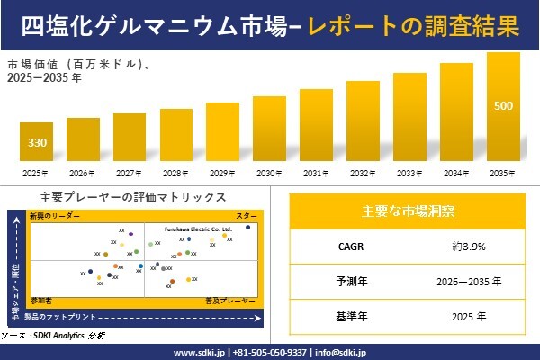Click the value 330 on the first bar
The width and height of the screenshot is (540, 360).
coord(37,143)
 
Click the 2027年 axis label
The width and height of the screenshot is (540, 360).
coord(130,173)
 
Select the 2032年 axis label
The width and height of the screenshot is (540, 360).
coord(363,173)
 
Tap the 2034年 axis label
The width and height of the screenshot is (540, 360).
coord(456,173)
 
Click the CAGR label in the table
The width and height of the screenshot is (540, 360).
coord(346,245)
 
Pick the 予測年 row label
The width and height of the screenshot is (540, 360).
coord(346,281)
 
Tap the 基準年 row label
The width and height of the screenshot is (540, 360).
coord(346,316)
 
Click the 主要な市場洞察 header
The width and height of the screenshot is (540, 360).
coord(408,211)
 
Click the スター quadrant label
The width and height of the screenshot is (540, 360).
coord(247,216)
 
